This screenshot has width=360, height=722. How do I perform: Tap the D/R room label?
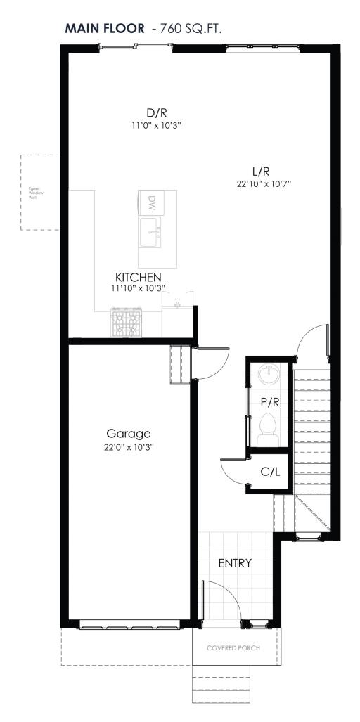(156, 112)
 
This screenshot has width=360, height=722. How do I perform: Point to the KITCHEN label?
(139, 278)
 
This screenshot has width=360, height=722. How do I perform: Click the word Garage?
(129, 434)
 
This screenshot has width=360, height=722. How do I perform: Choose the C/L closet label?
(271, 472)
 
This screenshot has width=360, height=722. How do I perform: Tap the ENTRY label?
(235, 563)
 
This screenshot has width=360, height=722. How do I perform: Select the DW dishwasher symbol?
(150, 203)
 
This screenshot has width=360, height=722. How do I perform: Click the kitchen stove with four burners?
(127, 323)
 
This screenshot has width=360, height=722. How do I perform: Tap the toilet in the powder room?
(267, 427)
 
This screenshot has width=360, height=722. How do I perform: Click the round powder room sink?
(268, 374)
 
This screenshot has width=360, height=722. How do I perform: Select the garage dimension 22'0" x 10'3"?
(129, 447)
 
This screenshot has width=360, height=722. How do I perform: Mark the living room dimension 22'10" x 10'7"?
(264, 183)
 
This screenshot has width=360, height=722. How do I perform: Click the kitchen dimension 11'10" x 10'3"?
(139, 289)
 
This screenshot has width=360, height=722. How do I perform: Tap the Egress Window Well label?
(32, 194)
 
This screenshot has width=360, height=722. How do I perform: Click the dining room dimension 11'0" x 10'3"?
(156, 125)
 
